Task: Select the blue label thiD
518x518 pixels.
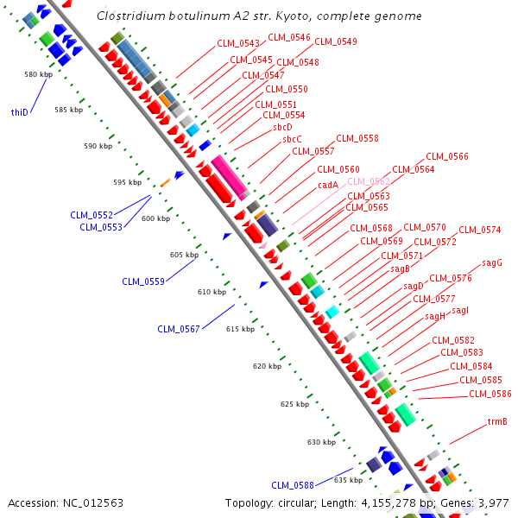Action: pos(19,112)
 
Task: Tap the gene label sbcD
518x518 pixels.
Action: pos(283,127)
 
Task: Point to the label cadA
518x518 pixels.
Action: pos(328,185)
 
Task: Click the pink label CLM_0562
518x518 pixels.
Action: pos(369,181)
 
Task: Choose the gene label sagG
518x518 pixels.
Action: pos(492,262)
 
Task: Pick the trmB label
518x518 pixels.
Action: pos(497,422)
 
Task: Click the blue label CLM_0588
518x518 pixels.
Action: pos(293,484)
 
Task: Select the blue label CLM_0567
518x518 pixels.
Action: pos(179,329)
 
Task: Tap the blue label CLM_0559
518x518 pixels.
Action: pos(143,281)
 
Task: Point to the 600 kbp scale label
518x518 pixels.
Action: pos(155,218)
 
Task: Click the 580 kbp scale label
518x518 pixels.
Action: pos(39,74)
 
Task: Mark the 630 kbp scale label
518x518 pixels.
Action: pos(321,442)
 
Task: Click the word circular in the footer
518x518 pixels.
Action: pos(299,502)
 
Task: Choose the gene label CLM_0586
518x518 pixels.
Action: pos(490,394)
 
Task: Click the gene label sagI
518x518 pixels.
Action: pos(460,310)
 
